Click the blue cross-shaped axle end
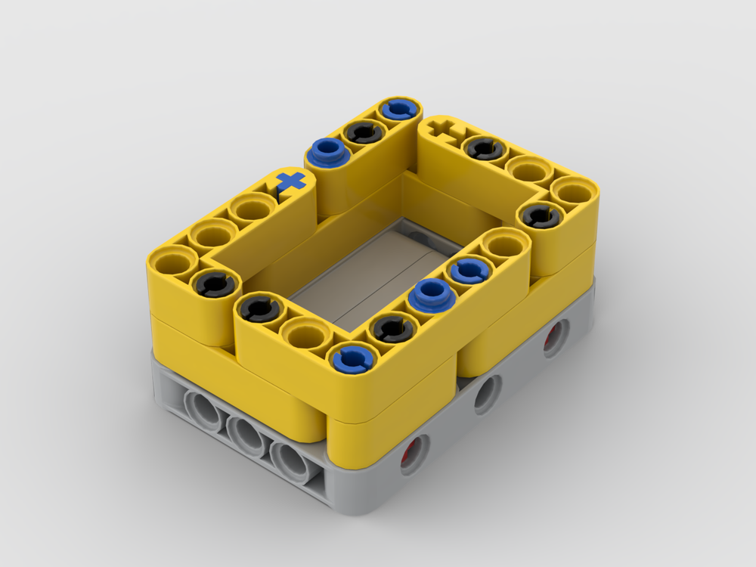pyautogui.click(x=291, y=181)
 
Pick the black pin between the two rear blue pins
pyautogui.click(x=361, y=132)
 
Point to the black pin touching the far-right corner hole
pyautogui.click(x=540, y=217)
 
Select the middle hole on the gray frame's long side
pyautogui.click(x=486, y=394)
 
